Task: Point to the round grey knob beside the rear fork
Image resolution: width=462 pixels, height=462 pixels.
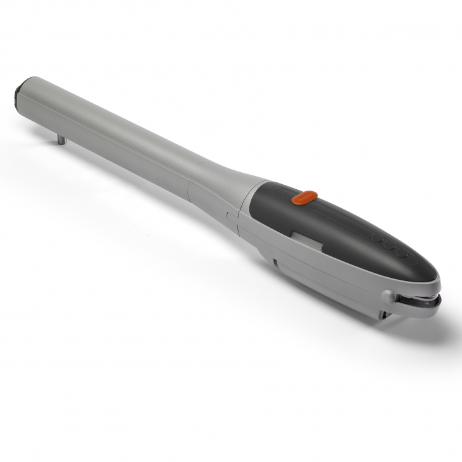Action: click(x=387, y=294)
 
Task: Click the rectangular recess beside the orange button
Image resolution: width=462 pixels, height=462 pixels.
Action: click(x=278, y=190)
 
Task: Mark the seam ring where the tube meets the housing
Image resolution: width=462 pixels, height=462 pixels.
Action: click(x=189, y=187)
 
